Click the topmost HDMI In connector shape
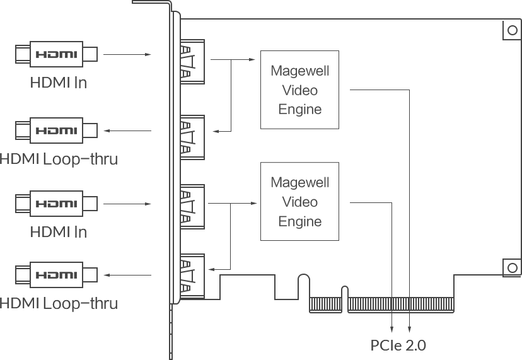(x=56, y=54)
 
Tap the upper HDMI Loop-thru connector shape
(x=56, y=130)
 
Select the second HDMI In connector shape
(x=56, y=203)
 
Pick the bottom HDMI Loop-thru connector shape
(x=56, y=275)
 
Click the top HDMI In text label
(x=58, y=83)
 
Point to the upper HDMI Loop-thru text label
(x=59, y=160)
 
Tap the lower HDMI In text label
(x=58, y=232)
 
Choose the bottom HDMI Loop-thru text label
(x=59, y=304)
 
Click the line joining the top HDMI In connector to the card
(x=116, y=54)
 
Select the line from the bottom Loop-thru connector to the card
(x=116, y=275)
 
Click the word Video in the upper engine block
(x=299, y=90)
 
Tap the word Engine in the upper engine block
(x=300, y=109)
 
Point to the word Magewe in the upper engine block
(x=298, y=71)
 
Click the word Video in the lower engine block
(x=299, y=202)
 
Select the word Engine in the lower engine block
(x=300, y=221)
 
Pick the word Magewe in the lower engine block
(x=298, y=183)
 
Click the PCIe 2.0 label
(x=398, y=345)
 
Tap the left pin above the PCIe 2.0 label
(x=392, y=323)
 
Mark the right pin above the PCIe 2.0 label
(x=409, y=323)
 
